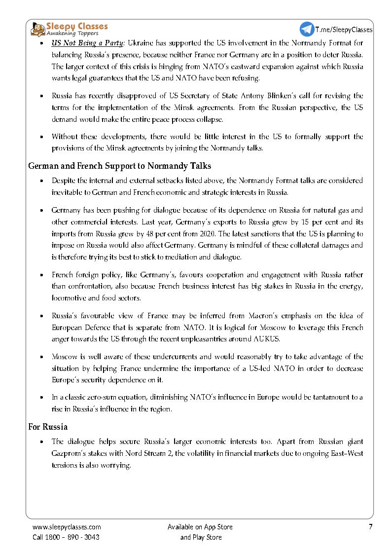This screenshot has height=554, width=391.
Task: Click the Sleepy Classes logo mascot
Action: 38,29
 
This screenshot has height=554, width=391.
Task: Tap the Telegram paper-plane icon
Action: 307,29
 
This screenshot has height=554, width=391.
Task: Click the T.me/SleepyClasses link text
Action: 344,30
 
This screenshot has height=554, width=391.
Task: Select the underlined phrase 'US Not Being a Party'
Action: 88,43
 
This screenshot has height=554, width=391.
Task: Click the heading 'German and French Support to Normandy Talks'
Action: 120,166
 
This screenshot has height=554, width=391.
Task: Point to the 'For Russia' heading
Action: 48,427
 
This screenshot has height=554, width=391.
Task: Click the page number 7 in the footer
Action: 370,527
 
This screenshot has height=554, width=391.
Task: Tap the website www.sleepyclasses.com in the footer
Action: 67,527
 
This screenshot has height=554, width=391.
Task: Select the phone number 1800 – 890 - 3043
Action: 73,537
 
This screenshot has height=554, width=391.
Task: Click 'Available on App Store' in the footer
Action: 200,527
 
